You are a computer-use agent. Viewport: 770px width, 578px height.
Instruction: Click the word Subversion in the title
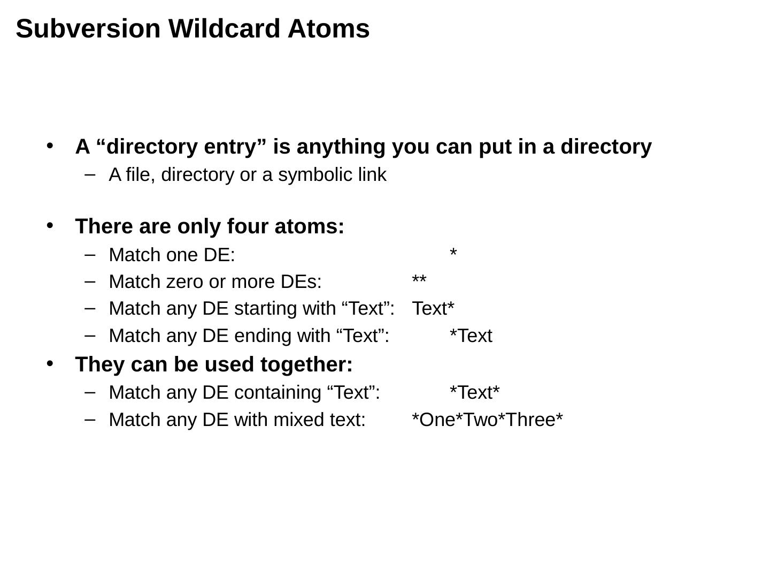88,28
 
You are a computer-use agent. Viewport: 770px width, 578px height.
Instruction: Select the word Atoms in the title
328,28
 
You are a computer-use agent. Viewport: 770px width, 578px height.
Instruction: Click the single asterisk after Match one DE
453,253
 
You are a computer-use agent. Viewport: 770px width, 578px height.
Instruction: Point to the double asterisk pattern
419,280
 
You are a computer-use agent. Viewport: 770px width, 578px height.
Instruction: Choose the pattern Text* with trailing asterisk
433,309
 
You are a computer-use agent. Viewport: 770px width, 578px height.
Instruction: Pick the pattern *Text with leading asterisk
471,336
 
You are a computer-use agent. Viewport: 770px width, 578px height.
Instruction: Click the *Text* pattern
475,392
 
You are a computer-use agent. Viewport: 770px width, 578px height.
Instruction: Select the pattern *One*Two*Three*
487,420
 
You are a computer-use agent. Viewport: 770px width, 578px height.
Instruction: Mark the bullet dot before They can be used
50,363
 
